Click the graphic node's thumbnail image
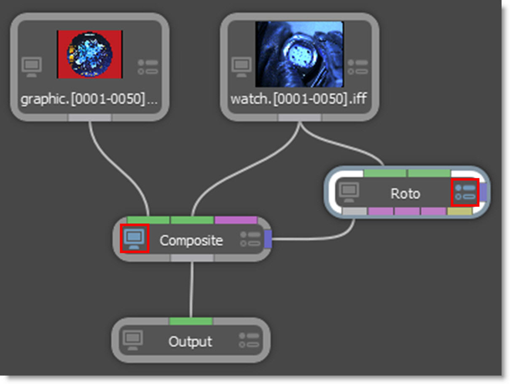point(90,54)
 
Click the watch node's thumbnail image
point(299,54)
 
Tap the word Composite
point(191,241)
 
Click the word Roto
point(405,193)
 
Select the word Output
point(190,341)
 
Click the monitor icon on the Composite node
point(134,239)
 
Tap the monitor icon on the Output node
point(133,340)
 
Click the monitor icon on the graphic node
point(32,67)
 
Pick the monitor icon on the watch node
point(242,67)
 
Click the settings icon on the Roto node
point(465,192)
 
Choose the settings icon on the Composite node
point(250,239)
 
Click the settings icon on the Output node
point(250,340)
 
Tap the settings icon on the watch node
point(359,67)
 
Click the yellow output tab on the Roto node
point(459,211)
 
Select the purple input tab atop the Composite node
point(236,220)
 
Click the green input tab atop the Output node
point(191,321)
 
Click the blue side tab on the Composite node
point(268,239)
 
